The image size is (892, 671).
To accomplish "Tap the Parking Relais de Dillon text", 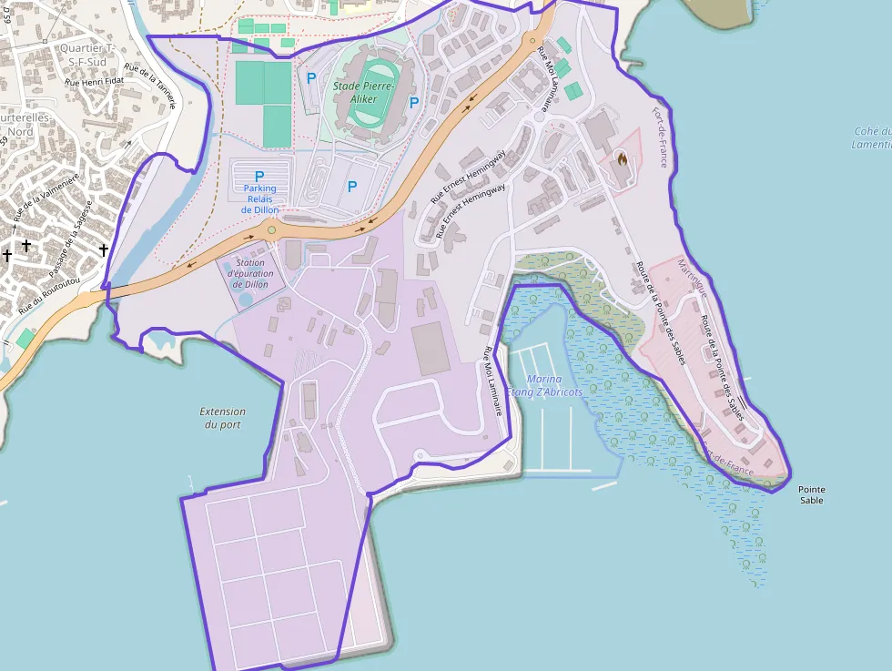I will pyautogui.click(x=259, y=199).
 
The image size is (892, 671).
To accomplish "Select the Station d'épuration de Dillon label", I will pyautogui.click(x=249, y=273).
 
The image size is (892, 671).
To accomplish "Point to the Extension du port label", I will pyautogui.click(x=223, y=418).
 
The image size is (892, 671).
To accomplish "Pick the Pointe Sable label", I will pyautogui.click(x=812, y=494).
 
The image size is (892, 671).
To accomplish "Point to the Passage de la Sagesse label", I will pyautogui.click(x=71, y=241).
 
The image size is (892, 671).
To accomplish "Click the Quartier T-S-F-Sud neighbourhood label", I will pyautogui.click(x=83, y=55).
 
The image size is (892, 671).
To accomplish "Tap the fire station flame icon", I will pyautogui.click(x=623, y=159).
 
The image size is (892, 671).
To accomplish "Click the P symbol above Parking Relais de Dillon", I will pyautogui.click(x=259, y=176).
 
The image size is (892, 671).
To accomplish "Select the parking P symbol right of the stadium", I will pyautogui.click(x=414, y=103).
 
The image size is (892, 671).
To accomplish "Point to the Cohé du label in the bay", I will pyautogui.click(x=873, y=131).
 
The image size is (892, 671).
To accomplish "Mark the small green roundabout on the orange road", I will pyautogui.click(x=271, y=229).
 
